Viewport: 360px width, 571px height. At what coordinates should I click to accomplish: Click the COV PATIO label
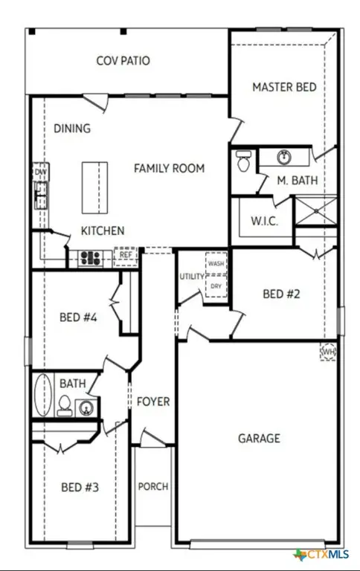(123, 60)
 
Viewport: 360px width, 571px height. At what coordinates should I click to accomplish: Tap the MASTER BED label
(284, 87)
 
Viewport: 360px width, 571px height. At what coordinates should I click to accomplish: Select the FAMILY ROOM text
(169, 168)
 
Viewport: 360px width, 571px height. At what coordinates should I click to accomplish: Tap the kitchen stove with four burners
(91, 258)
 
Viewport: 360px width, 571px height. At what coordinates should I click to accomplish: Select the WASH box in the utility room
(216, 264)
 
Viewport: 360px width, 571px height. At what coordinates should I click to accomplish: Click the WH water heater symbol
(328, 351)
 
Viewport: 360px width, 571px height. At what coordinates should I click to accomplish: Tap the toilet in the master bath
(242, 162)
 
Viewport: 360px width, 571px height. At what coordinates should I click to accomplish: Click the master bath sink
(283, 157)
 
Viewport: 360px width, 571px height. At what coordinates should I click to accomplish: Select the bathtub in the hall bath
(43, 395)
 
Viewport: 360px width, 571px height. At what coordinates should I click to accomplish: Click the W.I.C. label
(265, 222)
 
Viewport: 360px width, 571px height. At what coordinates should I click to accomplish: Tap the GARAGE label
(259, 438)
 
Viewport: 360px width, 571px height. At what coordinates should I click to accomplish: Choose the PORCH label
(153, 487)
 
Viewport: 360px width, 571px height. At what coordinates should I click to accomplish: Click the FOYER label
(153, 401)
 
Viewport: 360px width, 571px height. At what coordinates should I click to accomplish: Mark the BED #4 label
(79, 317)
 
